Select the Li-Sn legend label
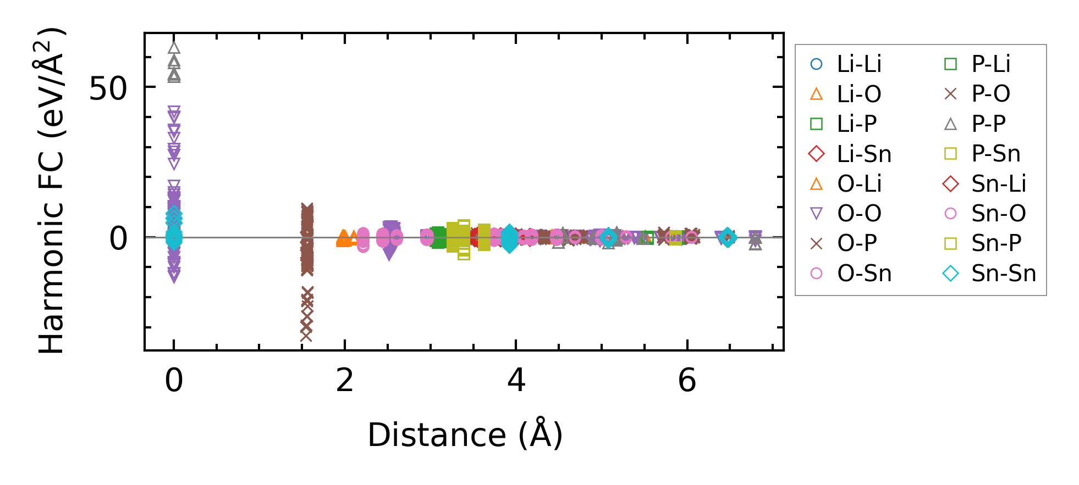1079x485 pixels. click(864, 154)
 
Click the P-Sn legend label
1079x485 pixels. click(996, 154)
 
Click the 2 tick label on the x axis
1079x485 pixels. click(345, 380)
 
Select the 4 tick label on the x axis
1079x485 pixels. click(516, 380)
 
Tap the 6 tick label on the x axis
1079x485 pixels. click(687, 380)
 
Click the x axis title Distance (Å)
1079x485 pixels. click(465, 435)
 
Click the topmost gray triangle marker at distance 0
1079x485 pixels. click(174, 48)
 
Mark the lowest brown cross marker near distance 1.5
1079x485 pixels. click(306, 336)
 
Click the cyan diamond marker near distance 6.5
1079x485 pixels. click(728, 237)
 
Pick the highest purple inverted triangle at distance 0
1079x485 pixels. click(174, 111)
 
